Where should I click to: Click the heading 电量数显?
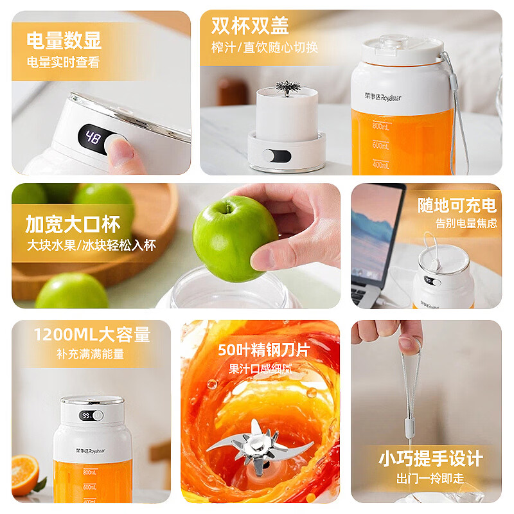point(64,40)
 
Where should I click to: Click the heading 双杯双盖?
point(250,26)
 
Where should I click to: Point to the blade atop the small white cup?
point(288,87)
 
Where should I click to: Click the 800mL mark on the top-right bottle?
point(381,125)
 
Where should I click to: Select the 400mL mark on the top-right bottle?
point(381,164)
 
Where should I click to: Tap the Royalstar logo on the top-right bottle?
point(383,97)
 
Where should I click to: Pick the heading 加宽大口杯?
point(73,224)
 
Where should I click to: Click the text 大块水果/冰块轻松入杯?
point(91,245)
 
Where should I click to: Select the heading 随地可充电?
point(457,205)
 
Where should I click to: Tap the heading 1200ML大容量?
point(92,335)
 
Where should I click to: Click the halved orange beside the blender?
point(24,474)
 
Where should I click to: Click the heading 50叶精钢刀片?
point(263,350)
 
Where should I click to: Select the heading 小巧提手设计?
point(430,458)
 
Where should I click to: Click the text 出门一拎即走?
point(430,479)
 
